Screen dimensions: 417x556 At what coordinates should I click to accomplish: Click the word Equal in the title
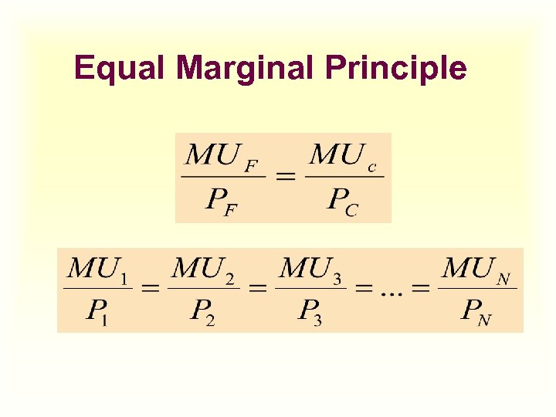click(120, 69)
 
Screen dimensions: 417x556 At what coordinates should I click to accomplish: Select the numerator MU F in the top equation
click(222, 157)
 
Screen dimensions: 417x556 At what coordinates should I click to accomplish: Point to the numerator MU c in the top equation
click(343, 157)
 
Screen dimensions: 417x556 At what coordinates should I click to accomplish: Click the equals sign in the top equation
click(286, 178)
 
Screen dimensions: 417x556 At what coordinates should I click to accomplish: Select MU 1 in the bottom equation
click(97, 270)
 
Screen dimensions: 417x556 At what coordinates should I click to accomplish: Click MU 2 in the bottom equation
click(202, 270)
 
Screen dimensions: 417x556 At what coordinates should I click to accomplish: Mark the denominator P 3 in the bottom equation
click(309, 311)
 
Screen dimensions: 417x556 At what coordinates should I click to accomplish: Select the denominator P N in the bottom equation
click(474, 311)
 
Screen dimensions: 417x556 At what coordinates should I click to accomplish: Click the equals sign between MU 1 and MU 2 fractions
click(150, 290)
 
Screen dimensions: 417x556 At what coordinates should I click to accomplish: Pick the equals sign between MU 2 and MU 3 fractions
click(256, 290)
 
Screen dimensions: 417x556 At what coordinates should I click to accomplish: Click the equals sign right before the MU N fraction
click(422, 290)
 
